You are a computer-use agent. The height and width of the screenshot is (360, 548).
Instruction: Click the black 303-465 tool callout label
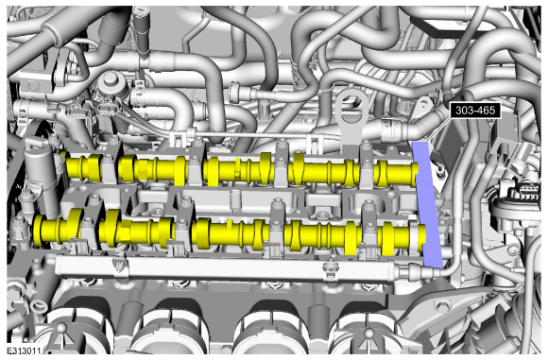coord(475,111)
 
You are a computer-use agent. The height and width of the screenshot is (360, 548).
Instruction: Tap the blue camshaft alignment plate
coord(428,204)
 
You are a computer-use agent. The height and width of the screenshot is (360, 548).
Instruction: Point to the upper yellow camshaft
coord(241,169)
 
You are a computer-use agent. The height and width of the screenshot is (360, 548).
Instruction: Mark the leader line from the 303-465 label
coord(437,129)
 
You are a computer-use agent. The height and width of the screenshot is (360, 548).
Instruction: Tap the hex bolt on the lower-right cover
coord(439,305)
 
